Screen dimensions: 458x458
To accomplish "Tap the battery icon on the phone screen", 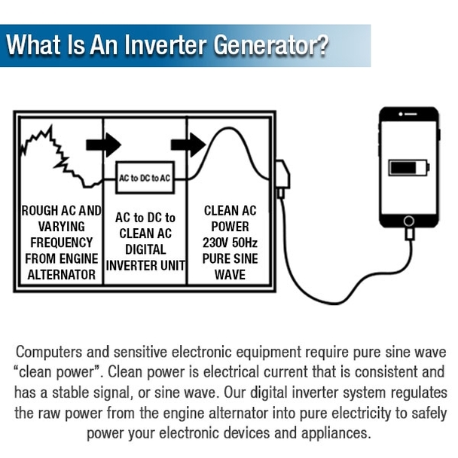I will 408,167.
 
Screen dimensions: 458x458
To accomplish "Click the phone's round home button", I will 408,221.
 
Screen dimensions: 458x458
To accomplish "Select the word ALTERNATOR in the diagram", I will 62,275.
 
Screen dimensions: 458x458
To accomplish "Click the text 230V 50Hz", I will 231,243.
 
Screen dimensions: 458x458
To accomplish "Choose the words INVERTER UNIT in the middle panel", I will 145,265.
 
